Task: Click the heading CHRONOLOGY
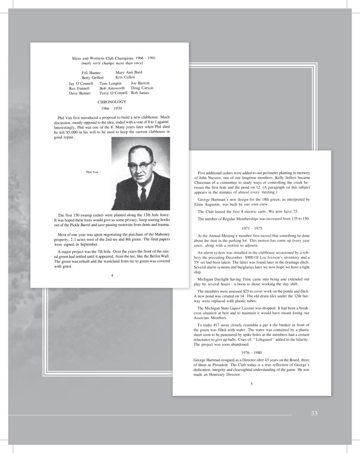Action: (112, 102)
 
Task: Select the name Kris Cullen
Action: (125, 77)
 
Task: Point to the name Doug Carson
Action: (142, 88)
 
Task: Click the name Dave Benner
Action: (80, 93)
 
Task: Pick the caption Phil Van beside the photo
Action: (92, 172)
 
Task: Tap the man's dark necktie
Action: (143, 194)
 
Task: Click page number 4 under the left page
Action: (112, 275)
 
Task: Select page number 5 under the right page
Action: (251, 384)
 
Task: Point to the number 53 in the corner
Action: (314, 413)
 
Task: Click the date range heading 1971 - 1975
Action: (251, 228)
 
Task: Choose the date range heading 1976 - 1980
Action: (251, 352)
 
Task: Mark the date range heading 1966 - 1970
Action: (111, 109)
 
